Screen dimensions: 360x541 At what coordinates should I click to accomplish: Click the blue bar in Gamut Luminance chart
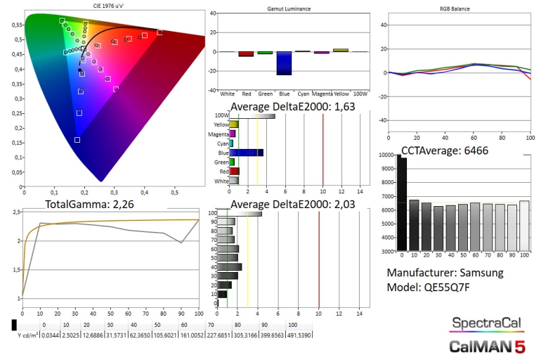click(x=284, y=63)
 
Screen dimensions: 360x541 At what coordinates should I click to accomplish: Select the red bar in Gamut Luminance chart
click(x=246, y=53)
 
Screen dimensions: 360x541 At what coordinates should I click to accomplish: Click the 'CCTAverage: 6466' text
click(x=444, y=150)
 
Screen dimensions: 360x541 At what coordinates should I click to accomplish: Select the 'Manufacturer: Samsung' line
click(x=445, y=273)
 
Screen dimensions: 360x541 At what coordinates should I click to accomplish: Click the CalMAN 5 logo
click(x=487, y=346)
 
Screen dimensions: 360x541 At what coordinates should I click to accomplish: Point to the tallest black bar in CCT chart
click(x=402, y=204)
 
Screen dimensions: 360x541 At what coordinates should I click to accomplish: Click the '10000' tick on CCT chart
click(x=386, y=155)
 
